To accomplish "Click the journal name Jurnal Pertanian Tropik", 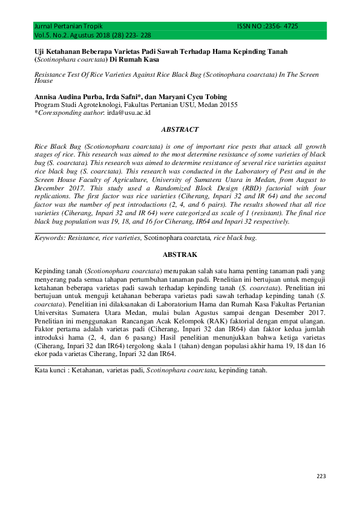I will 68,27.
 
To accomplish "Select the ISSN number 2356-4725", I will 279,27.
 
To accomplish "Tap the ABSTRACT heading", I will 180,129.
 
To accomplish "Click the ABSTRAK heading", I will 180,254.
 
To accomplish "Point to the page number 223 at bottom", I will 321,477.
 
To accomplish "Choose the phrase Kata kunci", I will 49,369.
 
